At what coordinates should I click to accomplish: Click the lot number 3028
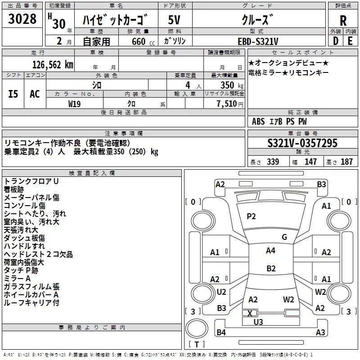(22, 19)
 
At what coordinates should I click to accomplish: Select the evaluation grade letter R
(343, 20)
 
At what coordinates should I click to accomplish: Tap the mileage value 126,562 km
(53, 64)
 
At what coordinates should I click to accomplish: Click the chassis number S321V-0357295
(302, 143)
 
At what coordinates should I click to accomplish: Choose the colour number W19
(75, 103)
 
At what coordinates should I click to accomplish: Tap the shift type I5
(13, 94)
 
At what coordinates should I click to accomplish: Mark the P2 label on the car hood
(251, 216)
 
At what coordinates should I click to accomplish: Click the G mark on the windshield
(284, 237)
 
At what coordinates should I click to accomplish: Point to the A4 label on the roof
(270, 251)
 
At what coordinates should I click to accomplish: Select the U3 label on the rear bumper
(258, 322)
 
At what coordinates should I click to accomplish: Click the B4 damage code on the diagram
(221, 333)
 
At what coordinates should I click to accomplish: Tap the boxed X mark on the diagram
(250, 313)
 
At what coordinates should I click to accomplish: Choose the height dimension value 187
(346, 162)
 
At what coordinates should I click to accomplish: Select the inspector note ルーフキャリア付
(31, 303)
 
